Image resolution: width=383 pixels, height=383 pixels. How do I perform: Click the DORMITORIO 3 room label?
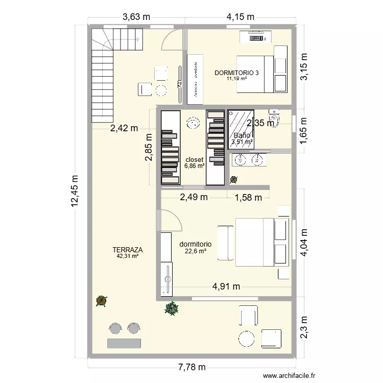coord(236,73)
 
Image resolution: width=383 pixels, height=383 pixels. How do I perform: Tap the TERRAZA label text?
coord(128,250)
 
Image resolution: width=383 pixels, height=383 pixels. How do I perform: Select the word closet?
coord(194,159)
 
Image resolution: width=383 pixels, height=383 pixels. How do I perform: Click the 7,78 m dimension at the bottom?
coord(192,367)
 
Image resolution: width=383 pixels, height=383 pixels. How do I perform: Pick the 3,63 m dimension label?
coord(136,16)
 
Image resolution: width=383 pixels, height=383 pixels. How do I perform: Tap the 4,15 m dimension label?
coord(240,16)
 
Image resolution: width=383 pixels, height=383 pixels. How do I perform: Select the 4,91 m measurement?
coord(226,286)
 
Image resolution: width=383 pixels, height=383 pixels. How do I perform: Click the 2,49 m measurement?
coord(193,197)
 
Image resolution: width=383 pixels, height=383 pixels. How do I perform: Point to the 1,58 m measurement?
coord(248,197)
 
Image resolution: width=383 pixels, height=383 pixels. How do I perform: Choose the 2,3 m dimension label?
coord(304,324)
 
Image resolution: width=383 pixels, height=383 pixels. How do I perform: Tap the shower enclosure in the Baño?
coord(241,128)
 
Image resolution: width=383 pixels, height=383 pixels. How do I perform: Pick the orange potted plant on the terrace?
coord(101,301)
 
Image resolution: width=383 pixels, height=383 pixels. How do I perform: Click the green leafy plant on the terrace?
coord(171,308)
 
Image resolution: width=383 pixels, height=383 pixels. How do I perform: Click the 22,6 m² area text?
coord(195,251)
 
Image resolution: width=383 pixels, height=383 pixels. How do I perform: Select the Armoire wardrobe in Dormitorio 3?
coord(194,76)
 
